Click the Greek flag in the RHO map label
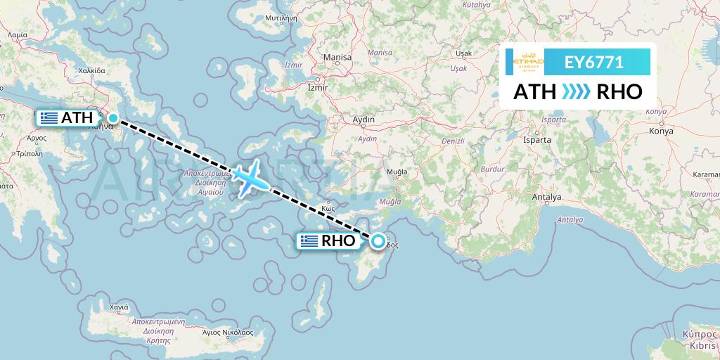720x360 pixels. click(x=309, y=241)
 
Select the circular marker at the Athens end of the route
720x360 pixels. click(x=112, y=118)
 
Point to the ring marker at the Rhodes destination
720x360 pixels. click(x=378, y=241)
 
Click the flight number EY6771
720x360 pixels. click(x=593, y=63)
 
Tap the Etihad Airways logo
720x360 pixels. click(x=529, y=63)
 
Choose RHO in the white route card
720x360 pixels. click(x=619, y=92)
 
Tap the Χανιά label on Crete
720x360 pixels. click(x=119, y=308)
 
